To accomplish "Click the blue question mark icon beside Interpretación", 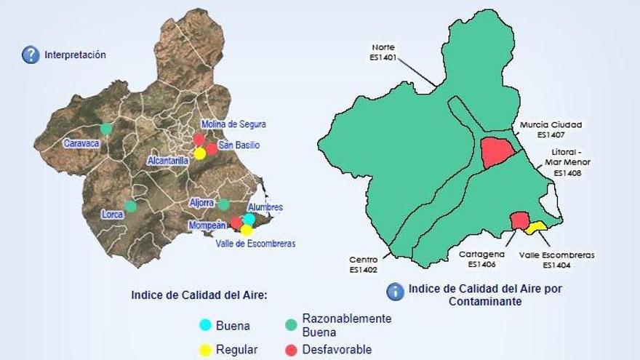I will (31, 55).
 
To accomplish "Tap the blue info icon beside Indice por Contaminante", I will (395, 292).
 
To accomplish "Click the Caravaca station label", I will (81, 143).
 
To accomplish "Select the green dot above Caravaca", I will (106, 129).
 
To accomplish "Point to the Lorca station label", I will (113, 215).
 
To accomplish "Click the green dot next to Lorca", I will (130, 206).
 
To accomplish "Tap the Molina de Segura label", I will (233, 124).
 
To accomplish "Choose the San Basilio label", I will (239, 145).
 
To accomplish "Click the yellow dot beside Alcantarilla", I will (200, 153).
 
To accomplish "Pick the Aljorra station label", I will (202, 203).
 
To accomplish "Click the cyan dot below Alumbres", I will (249, 219).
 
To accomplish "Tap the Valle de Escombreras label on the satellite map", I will (256, 244).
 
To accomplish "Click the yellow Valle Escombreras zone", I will (537, 227).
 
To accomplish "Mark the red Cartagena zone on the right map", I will (519, 220).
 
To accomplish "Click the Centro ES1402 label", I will (363, 264).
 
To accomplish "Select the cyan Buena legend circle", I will (206, 326).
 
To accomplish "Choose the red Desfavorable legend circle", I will (291, 350).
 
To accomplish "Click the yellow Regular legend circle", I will (206, 350).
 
